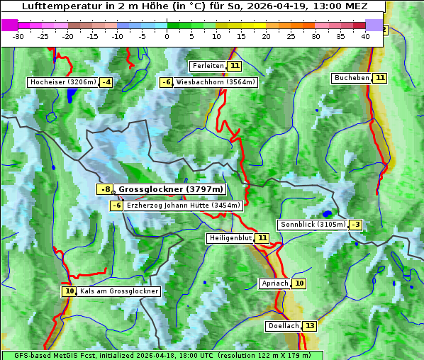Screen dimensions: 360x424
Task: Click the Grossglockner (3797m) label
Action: click(170, 189)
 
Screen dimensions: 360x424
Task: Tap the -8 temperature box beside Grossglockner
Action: click(105, 189)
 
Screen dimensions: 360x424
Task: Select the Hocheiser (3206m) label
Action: click(62, 82)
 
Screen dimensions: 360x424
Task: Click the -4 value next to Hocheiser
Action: click(106, 82)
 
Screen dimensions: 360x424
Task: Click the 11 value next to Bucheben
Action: click(380, 77)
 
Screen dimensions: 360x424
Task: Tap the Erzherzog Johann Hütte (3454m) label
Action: click(184, 206)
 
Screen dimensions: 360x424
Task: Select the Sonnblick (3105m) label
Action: click(313, 225)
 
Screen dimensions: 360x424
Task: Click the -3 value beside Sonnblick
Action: click(355, 225)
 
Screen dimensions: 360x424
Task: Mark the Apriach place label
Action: click(275, 283)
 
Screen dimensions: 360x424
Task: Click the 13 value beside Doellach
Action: click(310, 326)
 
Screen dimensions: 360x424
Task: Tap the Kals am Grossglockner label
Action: click(119, 291)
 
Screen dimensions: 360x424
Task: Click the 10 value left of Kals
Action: click(69, 291)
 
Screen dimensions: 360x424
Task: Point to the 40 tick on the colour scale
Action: click(365, 36)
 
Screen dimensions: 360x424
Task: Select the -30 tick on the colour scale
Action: click(18, 36)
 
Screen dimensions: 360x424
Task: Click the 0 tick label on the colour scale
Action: click(167, 36)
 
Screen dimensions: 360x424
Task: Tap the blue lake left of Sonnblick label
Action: click(326, 213)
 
